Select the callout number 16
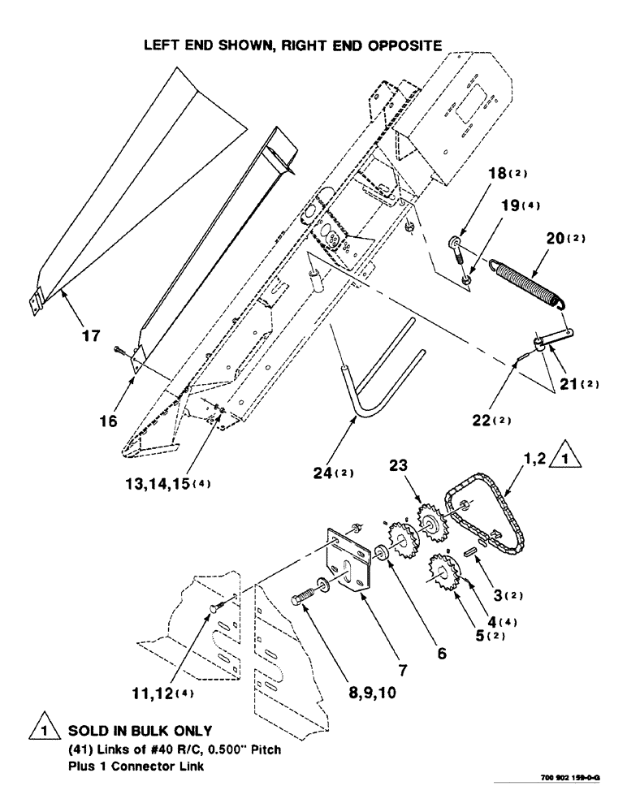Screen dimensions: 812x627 [109, 421]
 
